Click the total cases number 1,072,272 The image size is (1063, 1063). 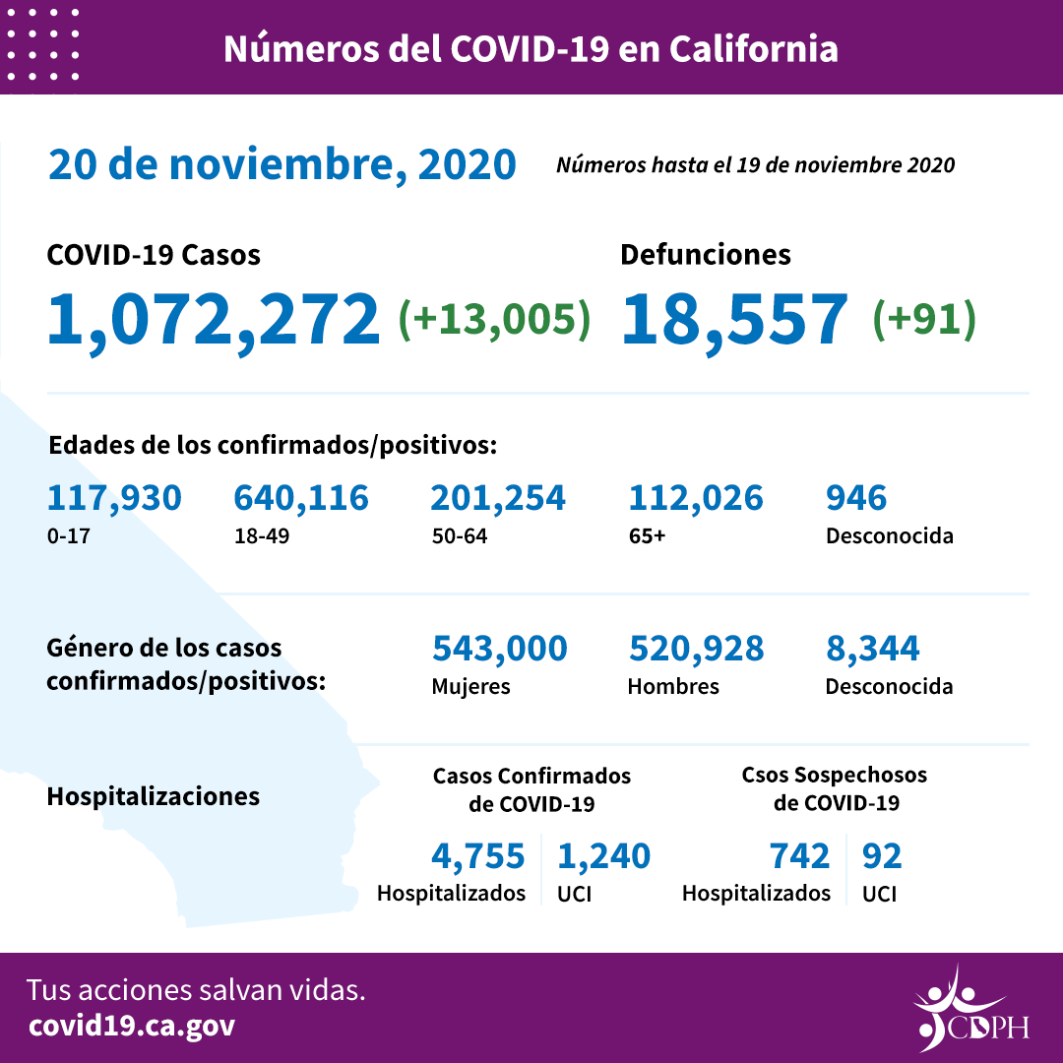pyautogui.click(x=214, y=318)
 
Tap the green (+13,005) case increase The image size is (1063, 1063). pyautogui.click(x=494, y=318)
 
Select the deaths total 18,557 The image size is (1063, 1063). pyautogui.click(x=734, y=318)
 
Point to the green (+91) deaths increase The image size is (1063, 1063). pyautogui.click(x=924, y=318)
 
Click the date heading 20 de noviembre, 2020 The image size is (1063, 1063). pyautogui.click(x=282, y=164)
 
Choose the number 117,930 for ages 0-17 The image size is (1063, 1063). pyautogui.click(x=114, y=498)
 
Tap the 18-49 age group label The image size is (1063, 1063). pyautogui.click(x=257, y=537)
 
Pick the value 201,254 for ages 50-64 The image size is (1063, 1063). pyautogui.click(x=498, y=498)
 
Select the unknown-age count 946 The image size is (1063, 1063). pyautogui.click(x=856, y=498)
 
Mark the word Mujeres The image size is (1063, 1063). pyautogui.click(x=470, y=686)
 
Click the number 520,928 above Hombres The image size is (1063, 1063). pyautogui.click(x=696, y=649)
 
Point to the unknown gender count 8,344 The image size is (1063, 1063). pyautogui.click(x=873, y=649)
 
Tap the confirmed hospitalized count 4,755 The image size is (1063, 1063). pyautogui.click(x=478, y=856)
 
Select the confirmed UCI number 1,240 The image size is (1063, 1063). pyautogui.click(x=604, y=856)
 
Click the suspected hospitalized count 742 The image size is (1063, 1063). pyautogui.click(x=800, y=856)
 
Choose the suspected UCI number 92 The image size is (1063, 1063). pyautogui.click(x=882, y=856)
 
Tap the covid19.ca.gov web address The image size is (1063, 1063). pyautogui.click(x=132, y=1026)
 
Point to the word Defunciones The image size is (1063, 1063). pyautogui.click(x=706, y=255)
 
